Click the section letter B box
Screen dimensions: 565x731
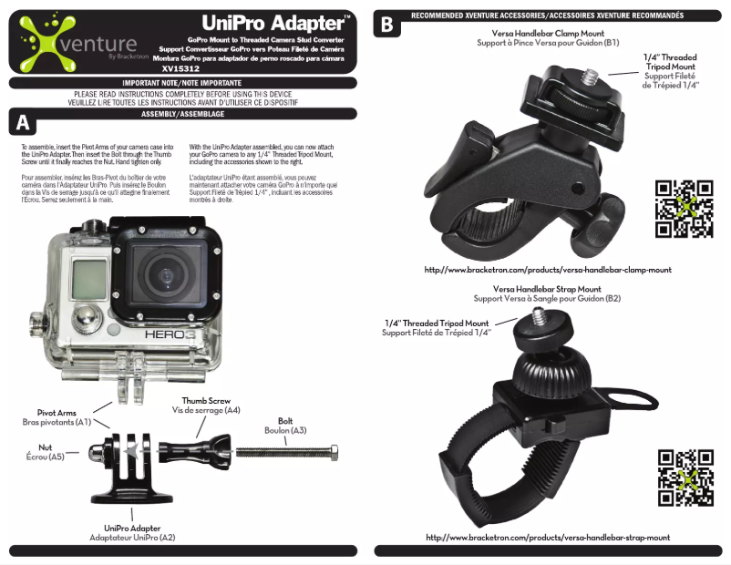386,25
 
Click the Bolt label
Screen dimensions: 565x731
284,420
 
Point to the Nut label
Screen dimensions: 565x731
44,447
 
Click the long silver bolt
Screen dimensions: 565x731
287,451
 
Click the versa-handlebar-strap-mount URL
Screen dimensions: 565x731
548,538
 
